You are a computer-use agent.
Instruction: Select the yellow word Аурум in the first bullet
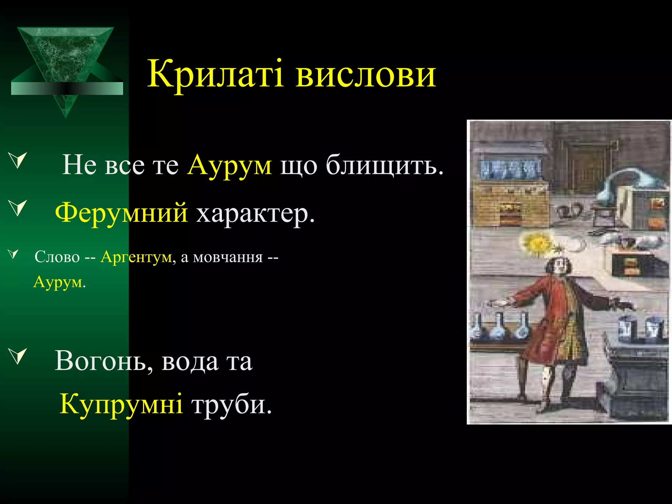click(x=229, y=165)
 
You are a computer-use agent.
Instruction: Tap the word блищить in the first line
click(x=384, y=165)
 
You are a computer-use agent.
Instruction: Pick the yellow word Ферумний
click(x=121, y=213)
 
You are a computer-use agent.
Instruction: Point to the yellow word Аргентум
click(x=136, y=257)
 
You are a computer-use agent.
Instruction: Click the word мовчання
click(x=228, y=257)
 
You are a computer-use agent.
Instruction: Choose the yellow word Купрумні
click(x=121, y=404)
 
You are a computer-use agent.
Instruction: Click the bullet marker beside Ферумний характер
click(x=18, y=208)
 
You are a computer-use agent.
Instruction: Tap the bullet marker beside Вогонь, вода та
click(x=18, y=356)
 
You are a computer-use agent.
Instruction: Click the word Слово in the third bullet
click(x=57, y=257)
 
